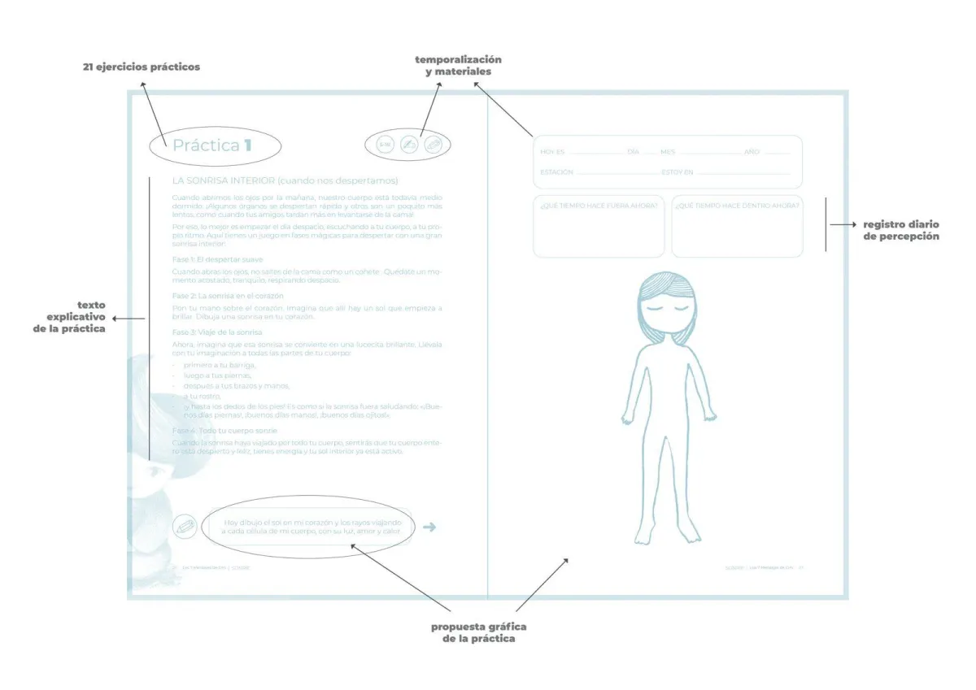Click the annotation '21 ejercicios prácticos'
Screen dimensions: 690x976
coord(141,67)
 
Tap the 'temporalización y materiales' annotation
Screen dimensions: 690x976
coord(458,66)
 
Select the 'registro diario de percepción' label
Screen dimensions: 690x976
coord(901,230)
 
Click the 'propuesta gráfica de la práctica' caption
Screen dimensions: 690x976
coord(478,632)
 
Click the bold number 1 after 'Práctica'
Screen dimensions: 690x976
coord(247,146)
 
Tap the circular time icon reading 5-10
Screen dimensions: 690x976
coord(386,145)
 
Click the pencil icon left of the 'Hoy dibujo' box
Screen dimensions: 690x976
coord(185,527)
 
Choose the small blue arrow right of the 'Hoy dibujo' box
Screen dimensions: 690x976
coord(430,527)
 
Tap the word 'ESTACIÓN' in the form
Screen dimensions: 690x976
coord(556,172)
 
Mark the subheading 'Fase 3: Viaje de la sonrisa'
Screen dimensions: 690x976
coord(217,332)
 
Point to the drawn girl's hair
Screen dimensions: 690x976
coord(667,293)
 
